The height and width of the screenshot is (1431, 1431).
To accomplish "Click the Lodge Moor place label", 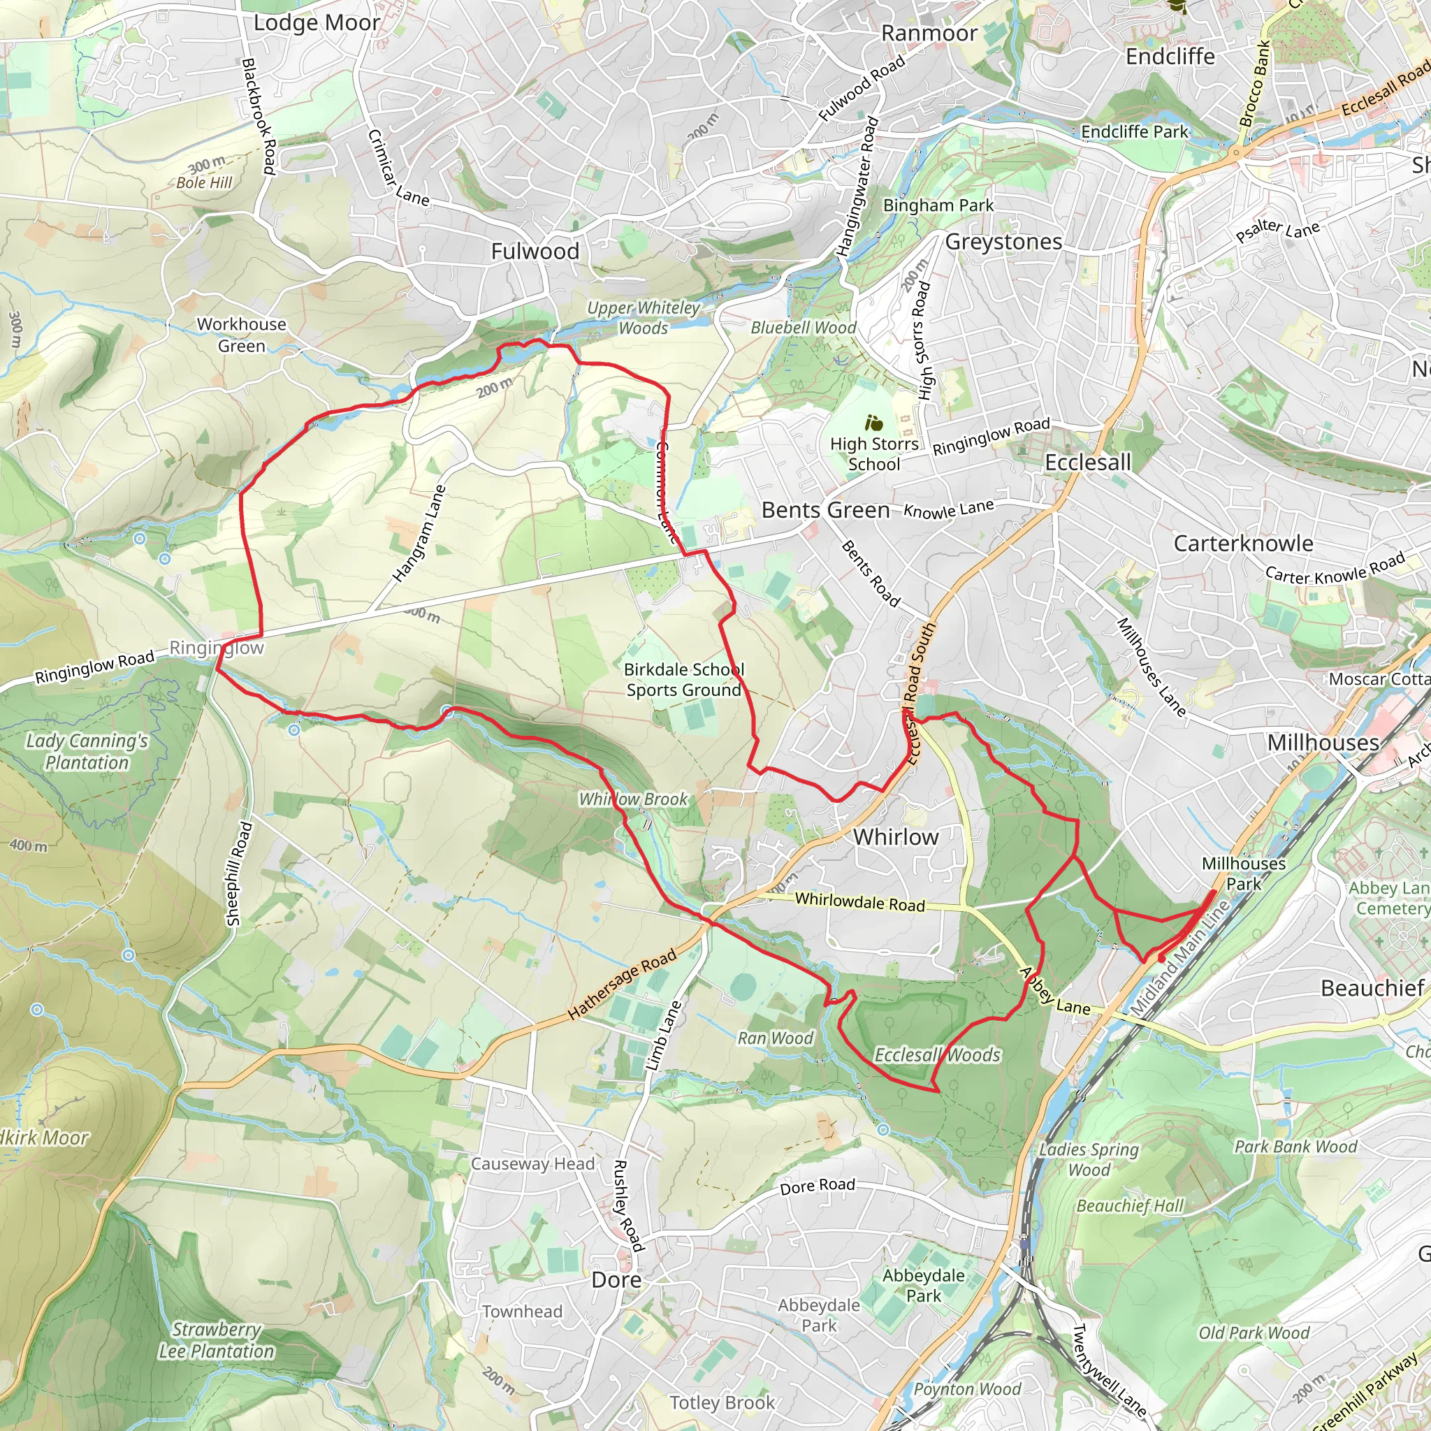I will click(x=317, y=23).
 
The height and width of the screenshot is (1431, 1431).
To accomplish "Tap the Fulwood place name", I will click(x=535, y=252).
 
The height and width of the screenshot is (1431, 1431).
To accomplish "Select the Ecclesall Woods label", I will click(x=937, y=1054).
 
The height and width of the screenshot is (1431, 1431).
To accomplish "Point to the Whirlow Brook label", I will click(x=633, y=799).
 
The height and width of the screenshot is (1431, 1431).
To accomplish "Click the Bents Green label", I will click(x=825, y=510).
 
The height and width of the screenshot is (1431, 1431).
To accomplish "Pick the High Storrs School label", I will click(x=873, y=454).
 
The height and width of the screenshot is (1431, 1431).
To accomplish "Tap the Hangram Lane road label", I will click(x=419, y=533).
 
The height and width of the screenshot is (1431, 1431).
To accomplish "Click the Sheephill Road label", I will click(x=239, y=874).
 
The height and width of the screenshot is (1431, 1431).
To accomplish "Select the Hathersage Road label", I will click(x=621, y=985).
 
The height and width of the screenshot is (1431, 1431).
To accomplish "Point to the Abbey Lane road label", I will click(x=1054, y=991).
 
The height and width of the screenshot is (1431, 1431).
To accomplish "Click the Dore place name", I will click(x=616, y=1281).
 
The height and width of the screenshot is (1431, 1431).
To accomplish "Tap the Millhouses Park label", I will click(x=1244, y=873).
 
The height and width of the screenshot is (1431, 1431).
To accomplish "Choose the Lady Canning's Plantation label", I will click(x=87, y=752).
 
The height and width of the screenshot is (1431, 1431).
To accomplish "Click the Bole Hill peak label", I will click(x=204, y=183).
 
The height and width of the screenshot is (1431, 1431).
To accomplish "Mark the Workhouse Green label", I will click(x=242, y=335).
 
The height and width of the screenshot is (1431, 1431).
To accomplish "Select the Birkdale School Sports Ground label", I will click(x=683, y=680).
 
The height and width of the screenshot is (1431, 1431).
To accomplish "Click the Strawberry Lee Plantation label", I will click(x=217, y=1340).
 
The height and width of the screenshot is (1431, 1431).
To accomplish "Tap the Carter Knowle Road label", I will click(x=1335, y=569).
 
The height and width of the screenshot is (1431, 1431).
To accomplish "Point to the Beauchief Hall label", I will click(x=1130, y=1206).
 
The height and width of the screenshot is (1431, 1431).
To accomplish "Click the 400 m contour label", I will click(x=28, y=846).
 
